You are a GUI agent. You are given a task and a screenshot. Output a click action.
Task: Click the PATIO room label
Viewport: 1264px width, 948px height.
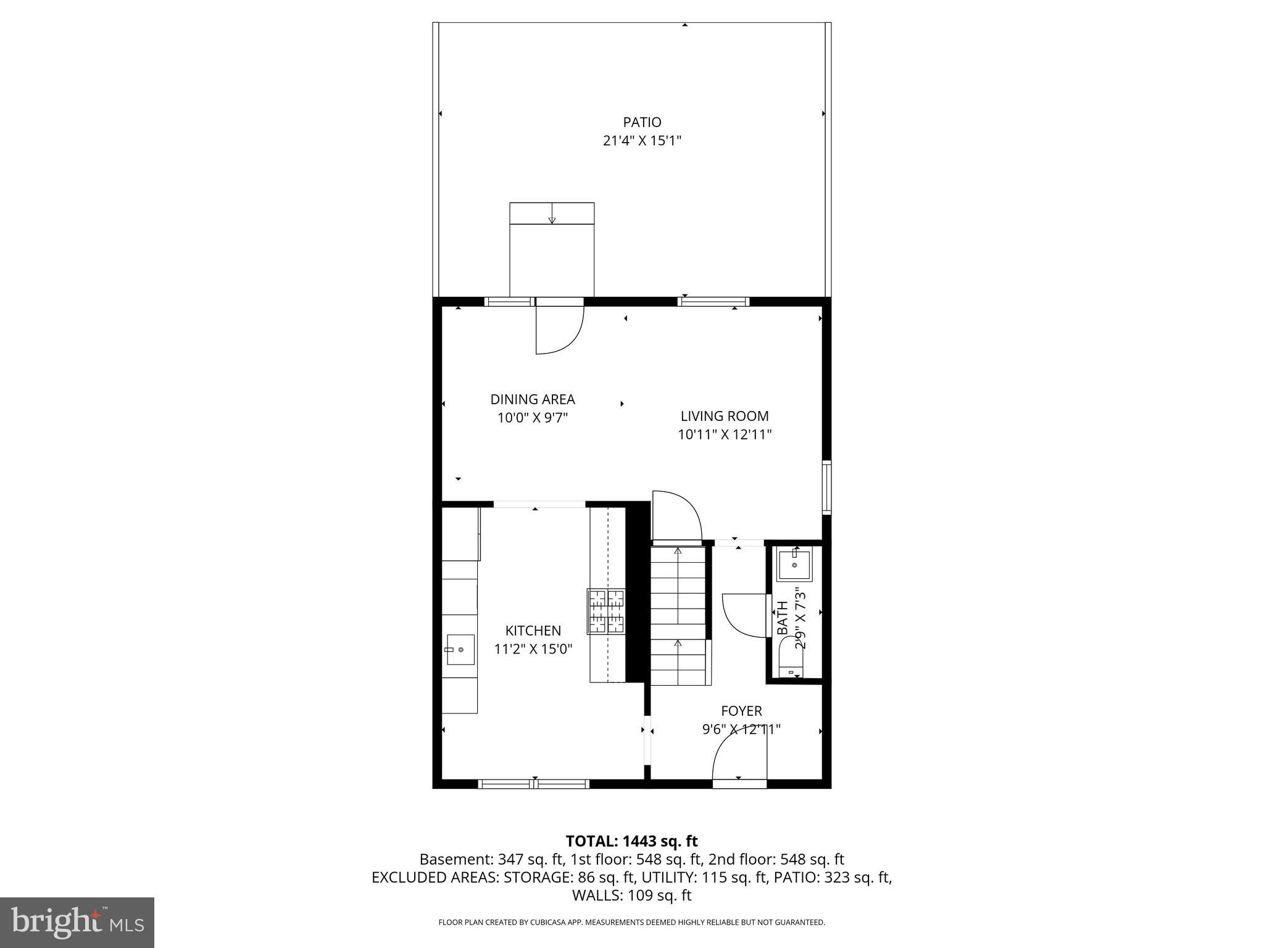click(x=642, y=122)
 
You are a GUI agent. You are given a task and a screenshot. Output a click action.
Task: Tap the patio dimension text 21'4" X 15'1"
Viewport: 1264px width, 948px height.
click(x=642, y=141)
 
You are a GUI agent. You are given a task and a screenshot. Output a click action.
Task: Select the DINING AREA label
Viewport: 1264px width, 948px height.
click(x=532, y=399)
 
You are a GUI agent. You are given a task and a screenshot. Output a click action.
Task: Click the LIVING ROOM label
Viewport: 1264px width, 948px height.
click(x=724, y=416)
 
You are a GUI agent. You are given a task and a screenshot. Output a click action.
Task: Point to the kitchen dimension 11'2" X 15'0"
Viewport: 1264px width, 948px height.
click(x=533, y=649)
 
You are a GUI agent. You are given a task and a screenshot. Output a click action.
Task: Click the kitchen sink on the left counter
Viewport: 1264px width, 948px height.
click(x=460, y=649)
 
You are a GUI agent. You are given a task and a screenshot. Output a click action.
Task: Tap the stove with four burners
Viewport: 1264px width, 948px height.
click(x=606, y=611)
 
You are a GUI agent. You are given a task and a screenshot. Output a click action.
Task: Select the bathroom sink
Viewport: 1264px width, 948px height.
click(x=794, y=564)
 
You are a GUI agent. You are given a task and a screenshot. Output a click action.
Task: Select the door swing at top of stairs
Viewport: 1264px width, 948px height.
click(x=676, y=516)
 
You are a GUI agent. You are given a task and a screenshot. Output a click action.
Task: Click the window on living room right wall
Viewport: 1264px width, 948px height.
click(x=826, y=487)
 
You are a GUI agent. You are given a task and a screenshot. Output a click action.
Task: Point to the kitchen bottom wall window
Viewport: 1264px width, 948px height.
click(x=534, y=784)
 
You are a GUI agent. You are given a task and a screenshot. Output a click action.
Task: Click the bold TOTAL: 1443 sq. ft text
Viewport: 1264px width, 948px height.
click(x=631, y=841)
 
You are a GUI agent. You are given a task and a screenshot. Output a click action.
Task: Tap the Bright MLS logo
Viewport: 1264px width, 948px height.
click(x=77, y=922)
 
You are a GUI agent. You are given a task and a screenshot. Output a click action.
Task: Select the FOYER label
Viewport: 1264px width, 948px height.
click(x=741, y=711)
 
